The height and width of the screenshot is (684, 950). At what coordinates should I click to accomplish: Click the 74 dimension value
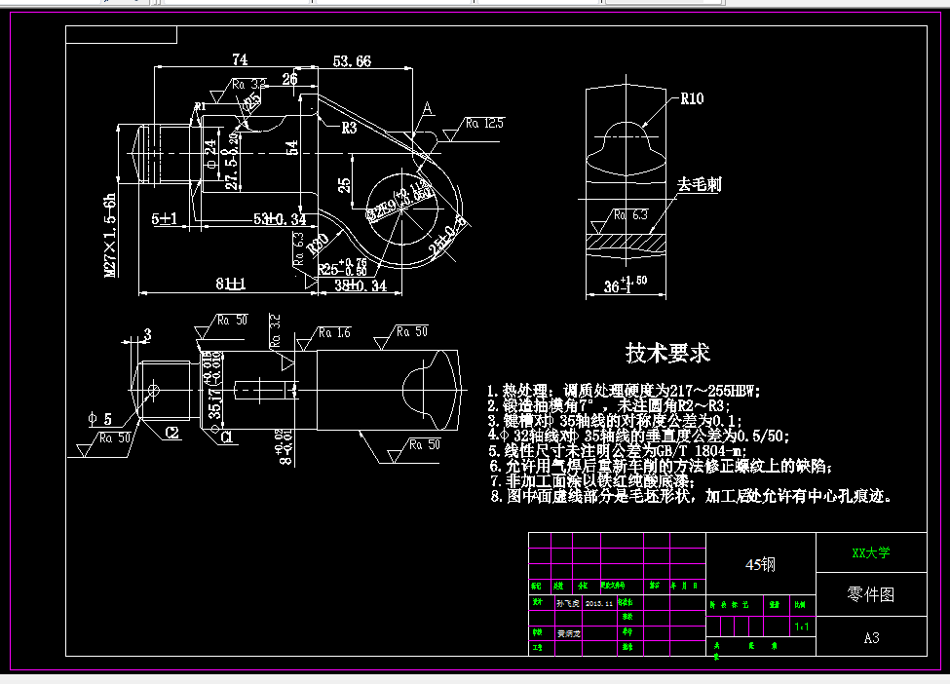coord(240,60)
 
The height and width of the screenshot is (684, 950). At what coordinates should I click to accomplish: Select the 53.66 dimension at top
coord(352,60)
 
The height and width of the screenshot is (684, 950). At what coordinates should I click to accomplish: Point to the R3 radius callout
coord(349,128)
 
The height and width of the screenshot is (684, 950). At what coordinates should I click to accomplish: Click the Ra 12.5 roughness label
coord(484,124)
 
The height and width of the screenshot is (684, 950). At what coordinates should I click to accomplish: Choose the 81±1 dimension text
coord(231,285)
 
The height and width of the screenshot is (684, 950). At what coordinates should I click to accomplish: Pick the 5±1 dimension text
coord(164,220)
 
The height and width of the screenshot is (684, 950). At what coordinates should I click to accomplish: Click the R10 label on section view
coord(692,98)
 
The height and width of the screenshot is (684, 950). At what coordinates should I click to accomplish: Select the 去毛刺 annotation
coord(699,184)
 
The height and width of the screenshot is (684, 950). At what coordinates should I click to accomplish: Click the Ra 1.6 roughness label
coord(337,333)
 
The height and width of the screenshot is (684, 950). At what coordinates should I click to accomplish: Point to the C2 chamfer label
coord(171,431)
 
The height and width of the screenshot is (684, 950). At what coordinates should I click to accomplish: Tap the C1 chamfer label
coord(226,437)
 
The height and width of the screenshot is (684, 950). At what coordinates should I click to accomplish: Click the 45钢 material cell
coord(760,564)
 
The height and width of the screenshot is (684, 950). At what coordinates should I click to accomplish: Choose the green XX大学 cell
coord(871,552)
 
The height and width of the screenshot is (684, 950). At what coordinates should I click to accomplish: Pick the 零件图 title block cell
coord(871,593)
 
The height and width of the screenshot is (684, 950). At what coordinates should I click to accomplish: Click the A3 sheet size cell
coord(871,638)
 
